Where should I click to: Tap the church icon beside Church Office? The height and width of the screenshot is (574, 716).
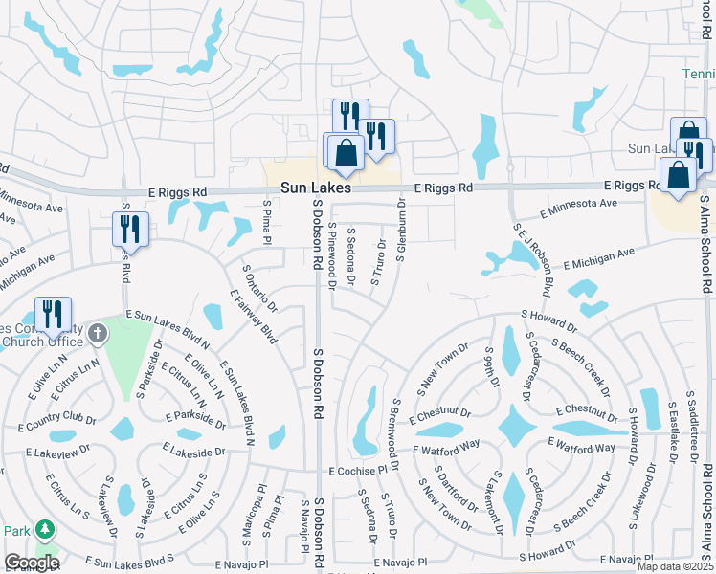(100, 333)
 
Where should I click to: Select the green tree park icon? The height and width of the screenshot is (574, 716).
(44, 530)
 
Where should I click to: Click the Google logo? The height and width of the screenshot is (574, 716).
(33, 563)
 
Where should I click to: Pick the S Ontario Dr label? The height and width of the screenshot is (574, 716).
(258, 289)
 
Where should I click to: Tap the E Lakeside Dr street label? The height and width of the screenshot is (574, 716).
(194, 449)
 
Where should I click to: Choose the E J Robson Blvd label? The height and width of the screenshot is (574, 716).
(535, 261)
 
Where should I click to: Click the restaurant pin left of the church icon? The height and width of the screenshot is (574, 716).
(53, 315)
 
